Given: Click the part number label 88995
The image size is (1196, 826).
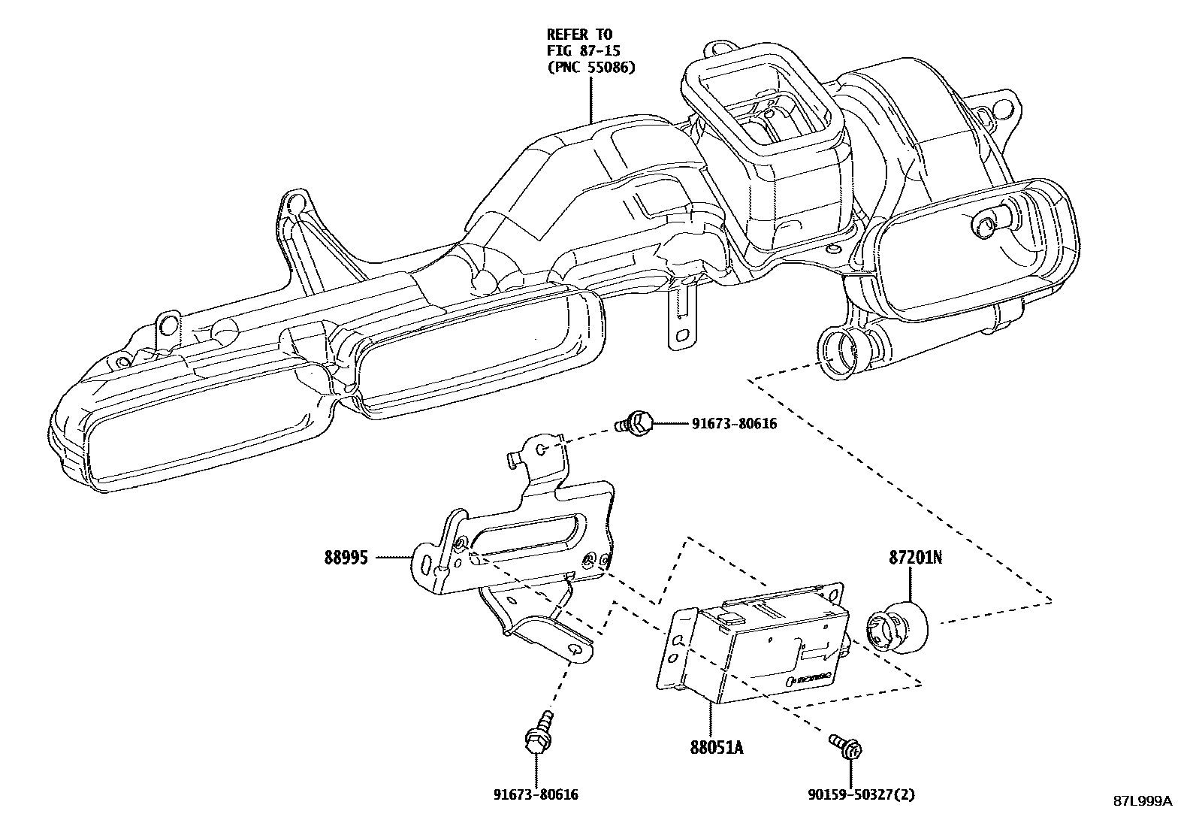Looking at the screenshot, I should (346, 558).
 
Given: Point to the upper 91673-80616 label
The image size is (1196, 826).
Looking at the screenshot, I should (734, 424).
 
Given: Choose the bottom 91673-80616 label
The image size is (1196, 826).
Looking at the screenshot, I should (536, 794).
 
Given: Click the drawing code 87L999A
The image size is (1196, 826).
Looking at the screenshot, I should (1142, 801).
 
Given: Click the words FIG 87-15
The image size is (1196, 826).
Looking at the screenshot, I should (580, 51).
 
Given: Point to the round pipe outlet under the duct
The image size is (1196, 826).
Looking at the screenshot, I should (843, 352).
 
